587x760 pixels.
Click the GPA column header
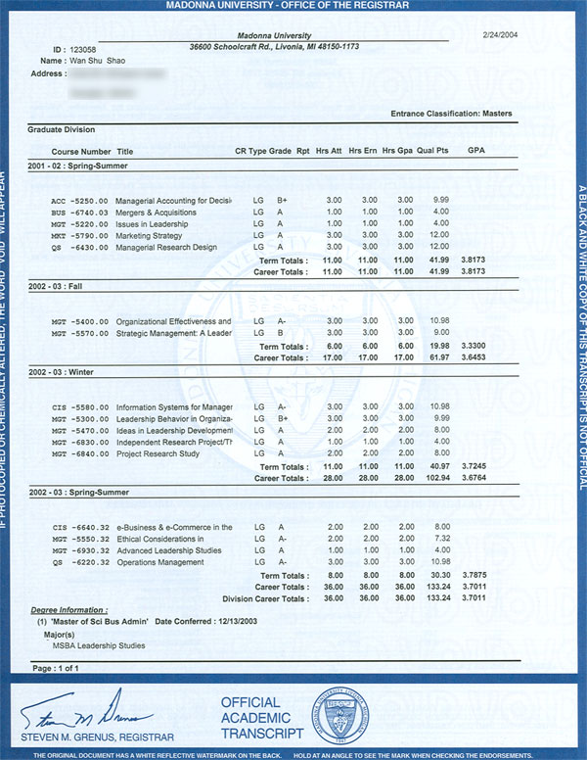(x=476, y=152)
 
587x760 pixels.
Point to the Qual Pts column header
(x=432, y=152)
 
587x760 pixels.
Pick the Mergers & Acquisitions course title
(x=156, y=212)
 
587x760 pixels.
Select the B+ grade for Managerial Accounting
(x=282, y=200)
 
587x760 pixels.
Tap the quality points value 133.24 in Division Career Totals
(x=434, y=597)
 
